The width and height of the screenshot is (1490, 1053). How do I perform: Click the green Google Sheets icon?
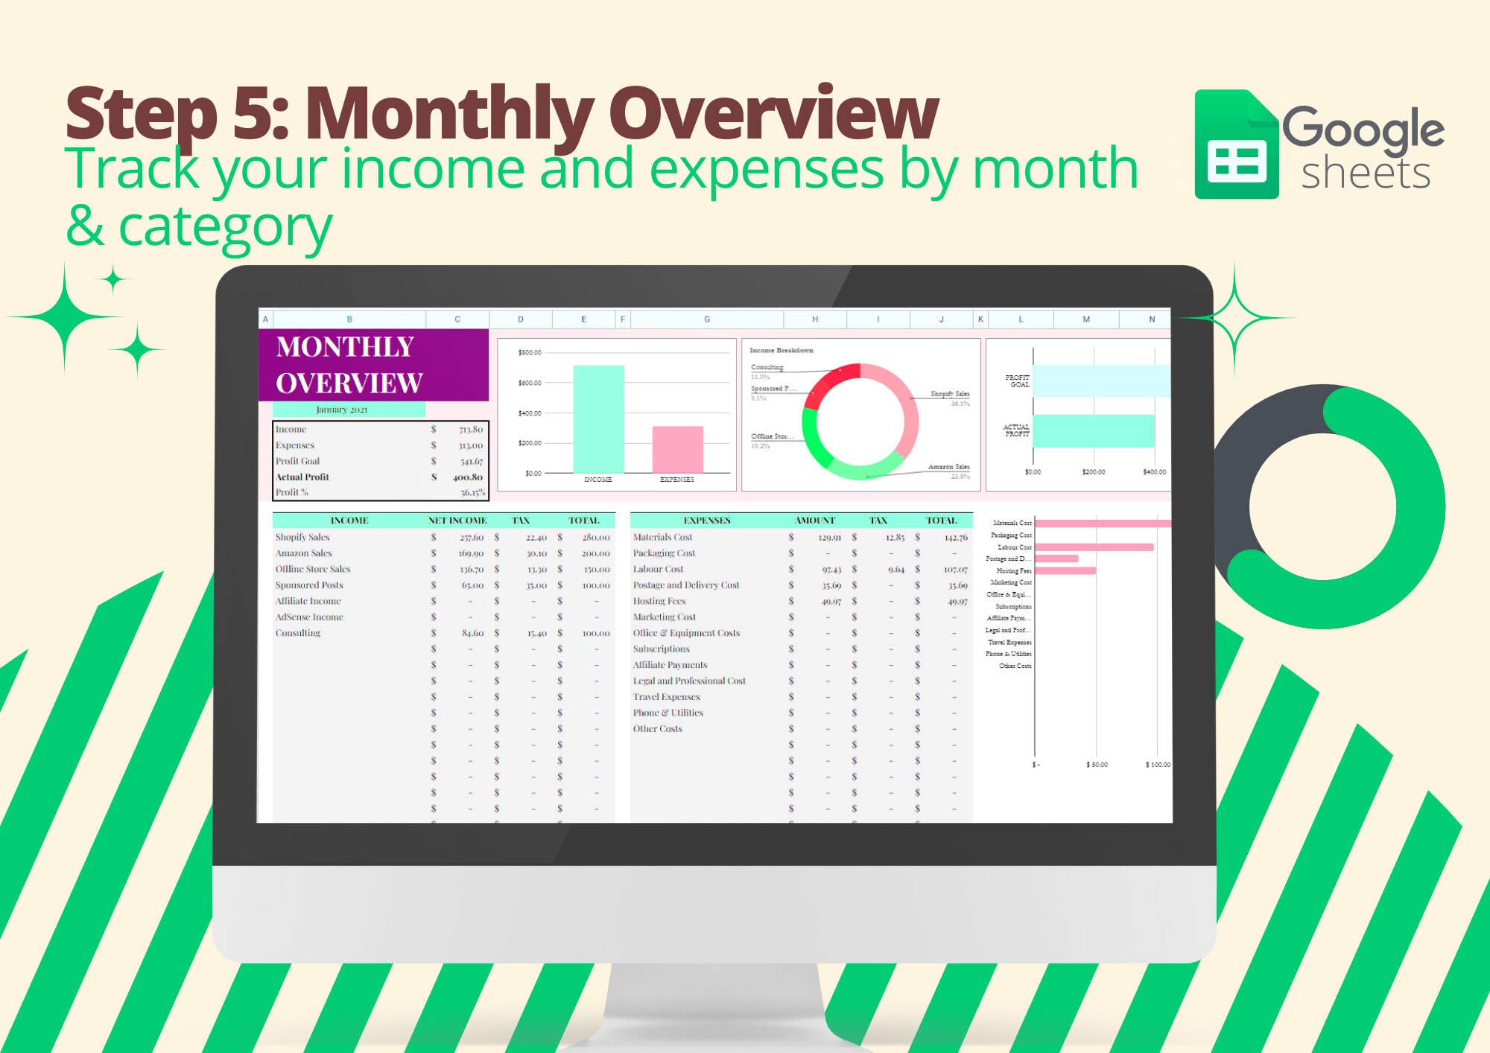pyautogui.click(x=1236, y=145)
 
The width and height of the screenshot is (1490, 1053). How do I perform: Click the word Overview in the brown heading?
pyautogui.click(x=773, y=113)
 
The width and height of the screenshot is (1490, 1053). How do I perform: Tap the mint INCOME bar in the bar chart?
pyautogui.click(x=598, y=419)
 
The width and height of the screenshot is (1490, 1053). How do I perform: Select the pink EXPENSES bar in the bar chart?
pyautogui.click(x=677, y=449)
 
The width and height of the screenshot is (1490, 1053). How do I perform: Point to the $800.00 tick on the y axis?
pyautogui.click(x=530, y=352)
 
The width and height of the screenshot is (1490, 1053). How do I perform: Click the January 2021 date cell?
pyautogui.click(x=342, y=410)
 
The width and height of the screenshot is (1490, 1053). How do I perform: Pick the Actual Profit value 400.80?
pyautogui.click(x=468, y=477)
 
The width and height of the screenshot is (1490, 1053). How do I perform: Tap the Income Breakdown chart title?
pyautogui.click(x=781, y=350)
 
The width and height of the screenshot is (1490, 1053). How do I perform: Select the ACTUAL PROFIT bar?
pyautogui.click(x=1093, y=431)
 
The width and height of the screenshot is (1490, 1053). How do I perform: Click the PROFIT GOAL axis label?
pyautogui.click(x=1017, y=381)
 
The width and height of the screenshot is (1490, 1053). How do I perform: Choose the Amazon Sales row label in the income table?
pyautogui.click(x=304, y=553)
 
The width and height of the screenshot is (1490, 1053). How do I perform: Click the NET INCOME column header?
pyautogui.click(x=457, y=521)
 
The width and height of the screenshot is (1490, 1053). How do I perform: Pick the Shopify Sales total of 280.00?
pyautogui.click(x=595, y=538)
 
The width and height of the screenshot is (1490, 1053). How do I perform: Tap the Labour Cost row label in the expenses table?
pyautogui.click(x=658, y=570)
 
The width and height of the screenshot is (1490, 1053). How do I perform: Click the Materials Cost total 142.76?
pyautogui.click(x=955, y=538)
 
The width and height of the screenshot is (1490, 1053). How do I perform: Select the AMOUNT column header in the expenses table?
pyautogui.click(x=814, y=521)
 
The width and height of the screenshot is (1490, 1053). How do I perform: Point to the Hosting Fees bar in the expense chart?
pyautogui.click(x=1065, y=571)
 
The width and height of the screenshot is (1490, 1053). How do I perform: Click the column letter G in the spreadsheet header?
pyautogui.click(x=706, y=319)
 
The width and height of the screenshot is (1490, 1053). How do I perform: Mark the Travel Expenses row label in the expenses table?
pyautogui.click(x=666, y=697)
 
